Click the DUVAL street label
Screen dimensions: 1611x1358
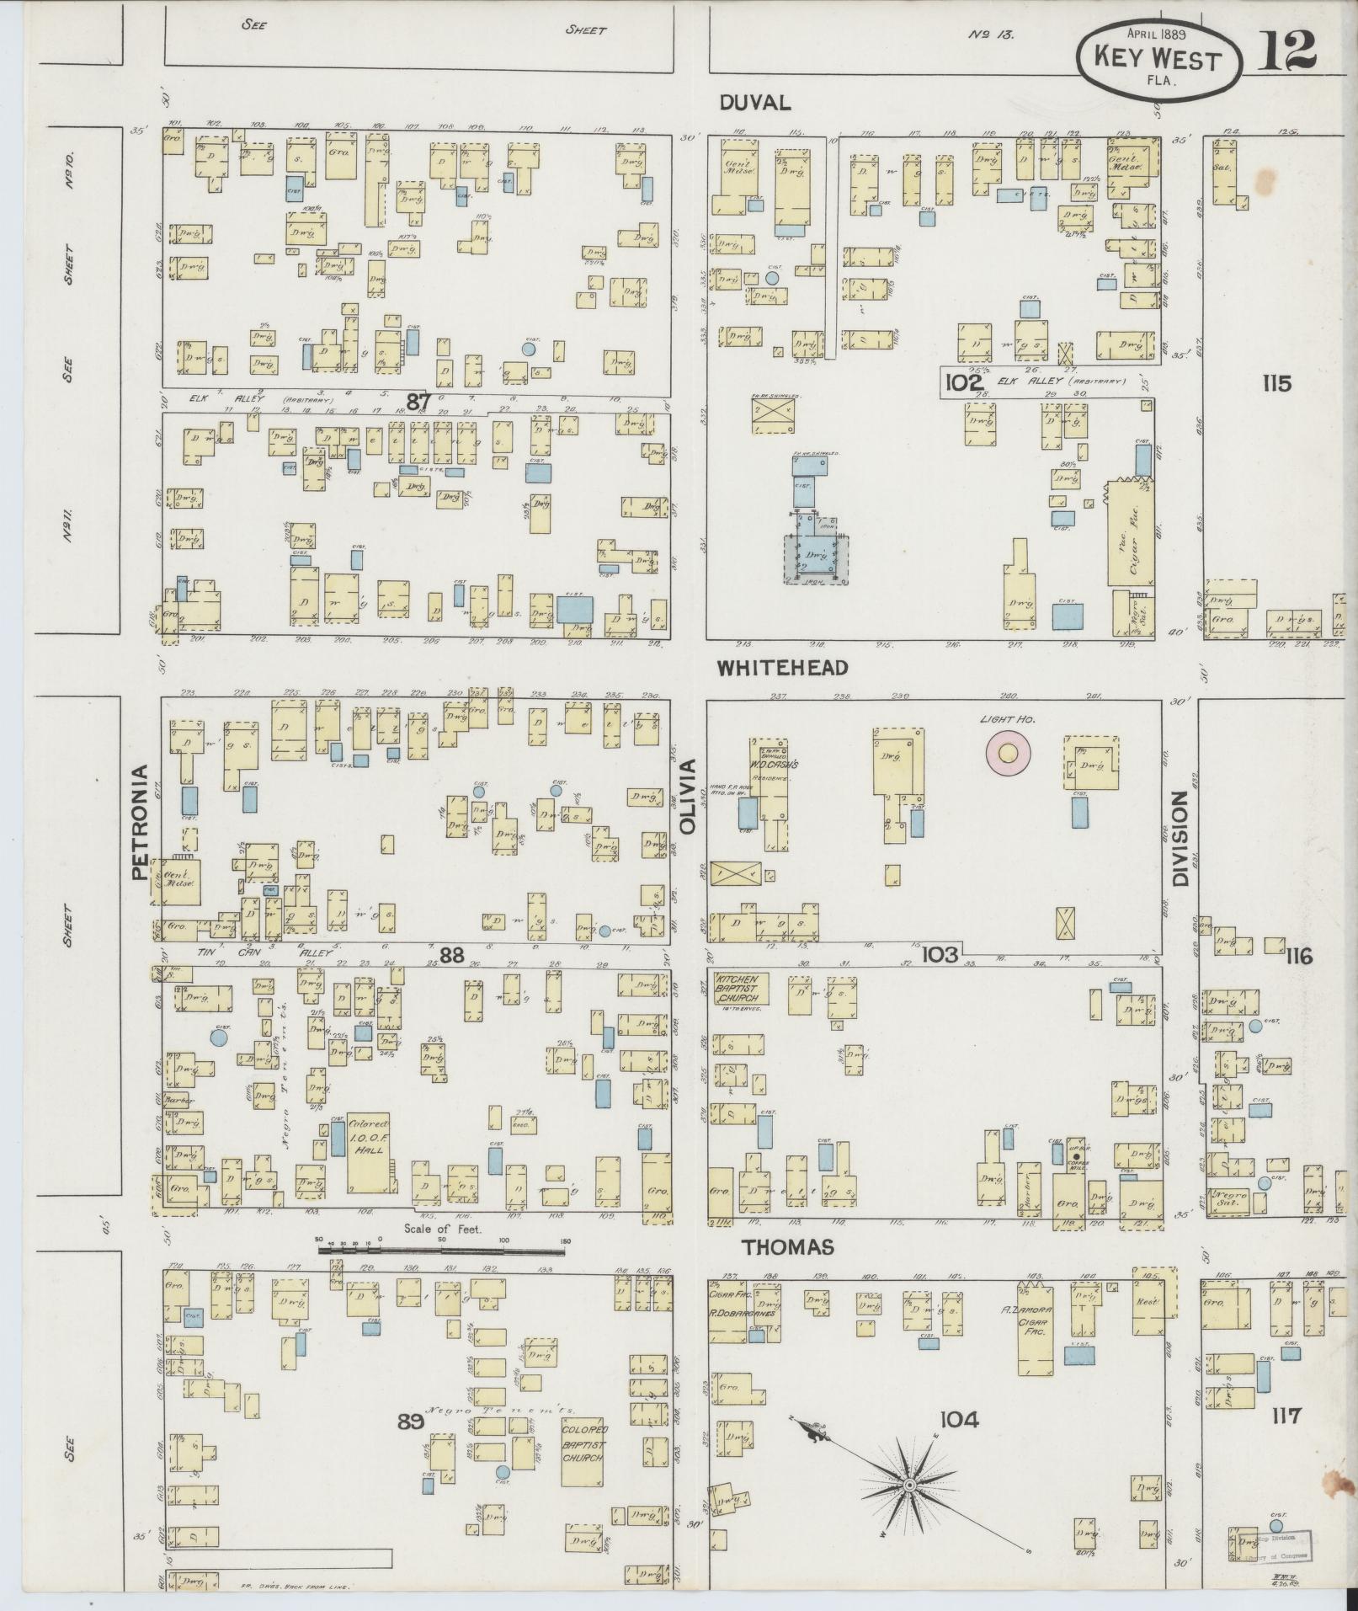pos(755,103)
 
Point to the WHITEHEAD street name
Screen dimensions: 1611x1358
pos(782,667)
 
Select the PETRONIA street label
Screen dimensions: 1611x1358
pos(139,822)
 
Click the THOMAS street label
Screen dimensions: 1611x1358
pos(775,1246)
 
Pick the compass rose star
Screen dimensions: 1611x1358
pos(909,1486)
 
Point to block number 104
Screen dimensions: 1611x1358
pos(959,1420)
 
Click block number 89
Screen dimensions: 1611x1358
pos(410,1422)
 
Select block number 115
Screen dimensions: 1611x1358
pos(1276,383)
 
